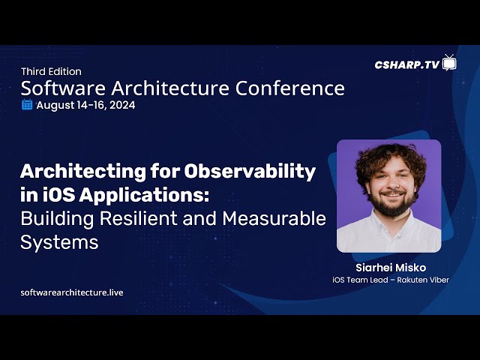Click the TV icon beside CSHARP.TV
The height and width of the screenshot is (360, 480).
point(449,63)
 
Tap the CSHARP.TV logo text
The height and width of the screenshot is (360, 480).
point(407,64)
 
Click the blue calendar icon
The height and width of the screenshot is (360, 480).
point(27,105)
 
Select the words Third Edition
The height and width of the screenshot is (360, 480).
point(52,72)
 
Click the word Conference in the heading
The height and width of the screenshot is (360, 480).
point(290,88)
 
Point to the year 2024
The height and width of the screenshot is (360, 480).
point(122,105)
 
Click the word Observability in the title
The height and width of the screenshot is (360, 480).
point(250,171)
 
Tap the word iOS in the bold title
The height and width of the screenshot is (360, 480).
point(58,195)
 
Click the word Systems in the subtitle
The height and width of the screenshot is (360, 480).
point(59,243)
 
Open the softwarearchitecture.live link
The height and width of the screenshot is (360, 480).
point(72,292)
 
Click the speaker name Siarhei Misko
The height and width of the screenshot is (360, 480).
point(391,268)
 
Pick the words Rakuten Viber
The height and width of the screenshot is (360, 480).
point(423,280)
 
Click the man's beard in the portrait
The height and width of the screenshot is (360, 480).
point(392,203)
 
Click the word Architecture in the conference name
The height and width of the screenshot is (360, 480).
point(170,88)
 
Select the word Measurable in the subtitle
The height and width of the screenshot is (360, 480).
point(274,218)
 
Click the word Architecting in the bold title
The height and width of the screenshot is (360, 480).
point(83,172)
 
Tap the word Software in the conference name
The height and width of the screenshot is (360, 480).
point(63,88)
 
